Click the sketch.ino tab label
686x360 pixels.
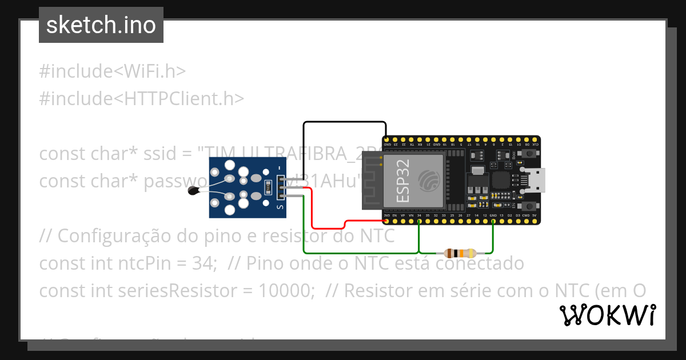click(x=101, y=26)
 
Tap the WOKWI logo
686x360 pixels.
click(x=608, y=315)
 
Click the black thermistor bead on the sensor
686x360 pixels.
click(x=194, y=192)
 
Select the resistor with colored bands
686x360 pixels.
click(x=460, y=253)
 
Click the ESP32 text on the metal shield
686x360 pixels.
click(x=402, y=181)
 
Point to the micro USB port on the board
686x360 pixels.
click(x=538, y=180)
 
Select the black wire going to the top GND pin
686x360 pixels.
click(x=343, y=122)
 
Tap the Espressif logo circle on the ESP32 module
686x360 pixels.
click(x=428, y=181)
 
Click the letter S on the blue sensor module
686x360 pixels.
click(x=280, y=207)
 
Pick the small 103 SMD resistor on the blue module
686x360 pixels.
click(x=267, y=187)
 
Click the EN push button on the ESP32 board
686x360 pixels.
click(x=529, y=205)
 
